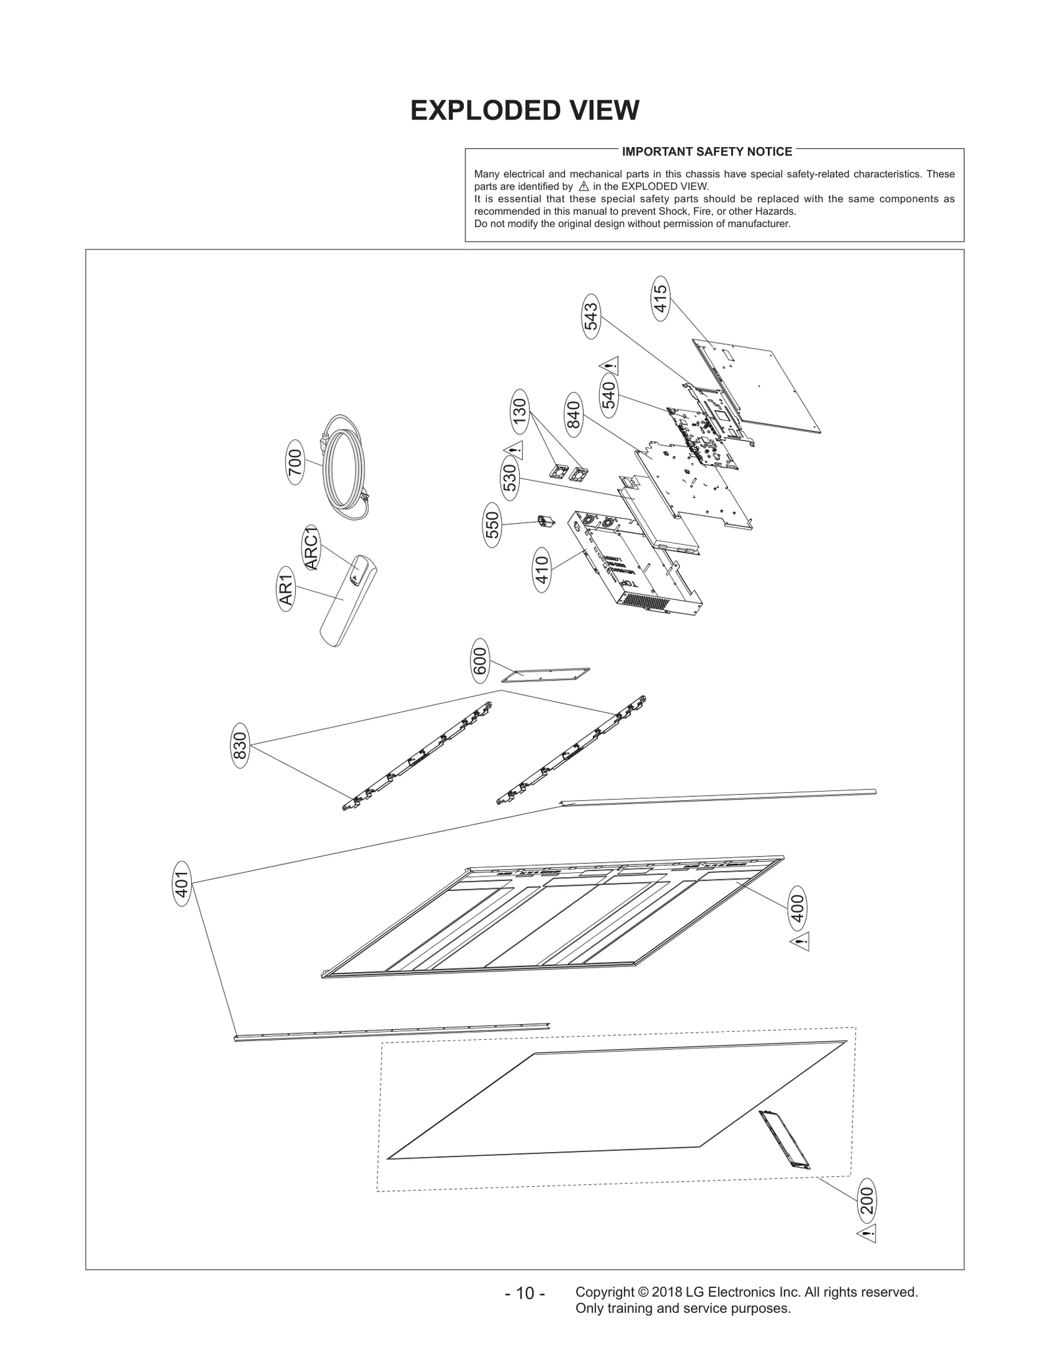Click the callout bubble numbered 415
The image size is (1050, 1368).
click(661, 298)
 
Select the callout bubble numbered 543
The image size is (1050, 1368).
click(591, 316)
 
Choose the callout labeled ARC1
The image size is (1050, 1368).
click(310, 548)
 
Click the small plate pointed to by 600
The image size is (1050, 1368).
click(546, 674)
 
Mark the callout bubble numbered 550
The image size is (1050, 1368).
click(492, 524)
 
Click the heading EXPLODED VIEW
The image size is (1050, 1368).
click(524, 110)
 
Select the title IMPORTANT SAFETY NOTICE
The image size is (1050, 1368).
click(707, 152)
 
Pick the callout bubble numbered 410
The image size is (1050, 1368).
click(542, 570)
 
